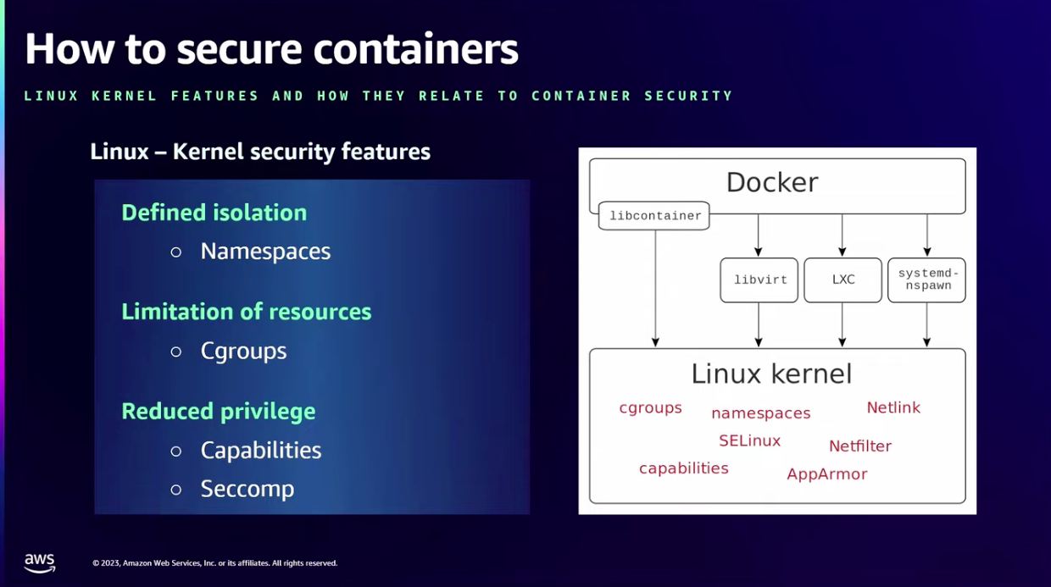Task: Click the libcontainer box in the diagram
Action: [654, 216]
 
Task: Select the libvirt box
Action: [759, 280]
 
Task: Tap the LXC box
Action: [842, 280]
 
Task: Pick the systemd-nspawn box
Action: [926, 280]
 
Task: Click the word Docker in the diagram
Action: [772, 182]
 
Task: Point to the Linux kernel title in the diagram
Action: [771, 374]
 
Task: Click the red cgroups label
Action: [650, 407]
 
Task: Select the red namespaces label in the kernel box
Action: [760, 413]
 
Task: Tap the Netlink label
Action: [893, 407]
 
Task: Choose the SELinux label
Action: [749, 440]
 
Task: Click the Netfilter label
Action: [860, 446]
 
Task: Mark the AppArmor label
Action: [826, 474]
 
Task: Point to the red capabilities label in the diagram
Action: [683, 468]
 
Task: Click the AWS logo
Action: [39, 562]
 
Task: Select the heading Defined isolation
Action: [214, 213]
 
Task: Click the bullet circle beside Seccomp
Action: [176, 490]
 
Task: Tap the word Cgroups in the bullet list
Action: [243, 351]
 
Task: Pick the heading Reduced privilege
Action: [218, 411]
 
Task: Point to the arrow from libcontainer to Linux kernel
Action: [655, 288]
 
